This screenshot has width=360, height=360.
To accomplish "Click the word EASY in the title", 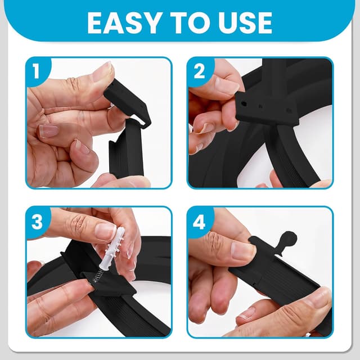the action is tap(124, 23).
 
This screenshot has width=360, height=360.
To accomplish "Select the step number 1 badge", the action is tap(36, 71).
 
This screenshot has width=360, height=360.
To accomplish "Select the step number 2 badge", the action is tap(199, 71).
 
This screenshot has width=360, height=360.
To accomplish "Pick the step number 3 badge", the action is tap(37, 221).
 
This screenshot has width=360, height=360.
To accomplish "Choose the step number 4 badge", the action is tap(199, 222).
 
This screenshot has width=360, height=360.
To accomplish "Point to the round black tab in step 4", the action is tap(289, 240).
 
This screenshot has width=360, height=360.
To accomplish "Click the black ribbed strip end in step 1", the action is tap(126, 149).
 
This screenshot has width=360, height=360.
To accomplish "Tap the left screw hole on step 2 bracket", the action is tap(244, 103).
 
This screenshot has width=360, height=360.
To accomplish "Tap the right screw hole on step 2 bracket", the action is tap(289, 111).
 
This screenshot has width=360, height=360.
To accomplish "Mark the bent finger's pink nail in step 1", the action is tap(49, 130).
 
